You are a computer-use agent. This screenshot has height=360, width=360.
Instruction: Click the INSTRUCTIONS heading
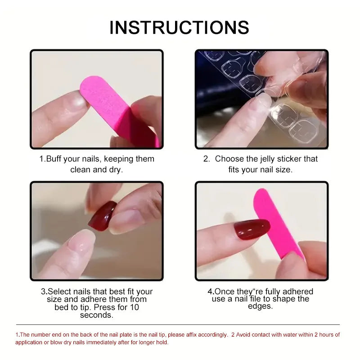pyautogui.click(x=179, y=27)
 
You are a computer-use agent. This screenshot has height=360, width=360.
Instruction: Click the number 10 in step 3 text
pyautogui.click(x=134, y=307)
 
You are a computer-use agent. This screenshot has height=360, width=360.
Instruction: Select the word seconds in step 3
pyautogui.click(x=96, y=315)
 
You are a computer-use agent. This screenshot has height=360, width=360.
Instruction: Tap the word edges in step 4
pyautogui.click(x=260, y=306)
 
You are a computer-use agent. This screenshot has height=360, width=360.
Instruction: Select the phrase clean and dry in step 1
pyautogui.click(x=96, y=170)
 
